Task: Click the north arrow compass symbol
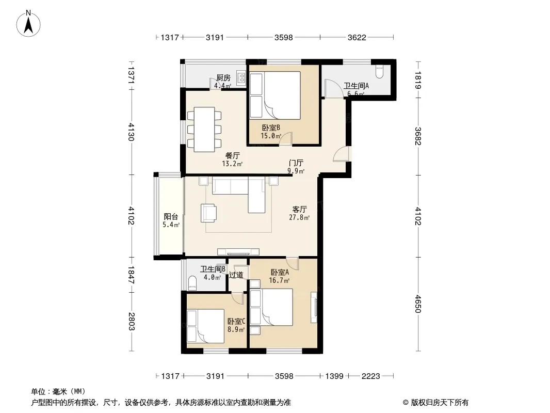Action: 28,24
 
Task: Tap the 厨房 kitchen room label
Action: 223,77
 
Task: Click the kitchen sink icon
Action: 241,78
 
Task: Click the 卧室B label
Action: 271,128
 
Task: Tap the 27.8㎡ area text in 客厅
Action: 299,217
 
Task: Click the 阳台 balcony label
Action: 171,217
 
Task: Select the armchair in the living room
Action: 209,213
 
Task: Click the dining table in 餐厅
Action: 204,130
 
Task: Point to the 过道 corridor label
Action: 236,275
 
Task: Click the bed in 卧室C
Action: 205,326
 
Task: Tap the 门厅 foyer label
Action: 296,163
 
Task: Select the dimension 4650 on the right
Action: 418,304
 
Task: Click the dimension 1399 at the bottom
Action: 334,376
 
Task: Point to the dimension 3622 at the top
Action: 357,37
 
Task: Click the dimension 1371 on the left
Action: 131,74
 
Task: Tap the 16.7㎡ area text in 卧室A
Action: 279,281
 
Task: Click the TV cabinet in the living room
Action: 238,251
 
